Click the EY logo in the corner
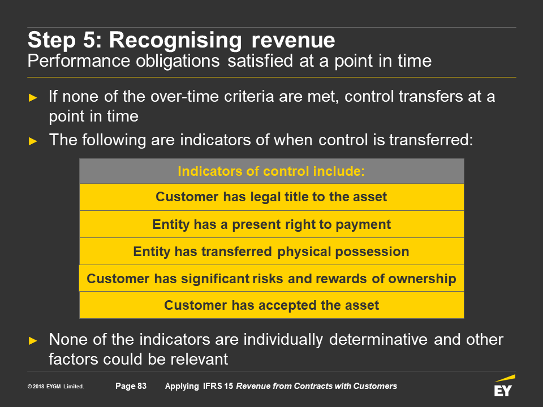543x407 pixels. click(505, 386)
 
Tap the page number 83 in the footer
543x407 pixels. click(142, 386)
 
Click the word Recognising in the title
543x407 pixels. click(175, 41)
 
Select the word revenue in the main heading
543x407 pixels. click(294, 40)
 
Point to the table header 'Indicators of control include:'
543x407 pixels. click(271, 171)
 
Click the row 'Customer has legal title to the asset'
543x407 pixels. click(271, 197)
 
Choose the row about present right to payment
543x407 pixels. click(271, 224)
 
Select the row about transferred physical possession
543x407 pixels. click(271, 251)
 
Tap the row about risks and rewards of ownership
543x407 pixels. click(271, 278)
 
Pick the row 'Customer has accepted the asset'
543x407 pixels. click(271, 305)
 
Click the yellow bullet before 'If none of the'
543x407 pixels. click(33, 98)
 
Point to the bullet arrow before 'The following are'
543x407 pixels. click(33, 141)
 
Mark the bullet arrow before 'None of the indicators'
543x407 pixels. click(33, 340)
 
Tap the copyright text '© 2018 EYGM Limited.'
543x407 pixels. click(56, 386)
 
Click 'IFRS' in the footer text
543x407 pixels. click(212, 386)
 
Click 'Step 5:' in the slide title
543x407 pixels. click(65, 40)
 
